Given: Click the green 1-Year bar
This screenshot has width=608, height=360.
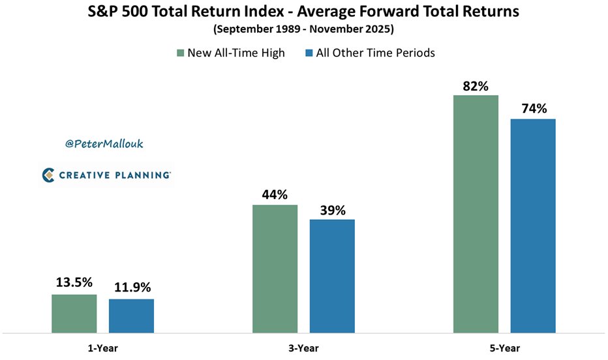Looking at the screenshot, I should coord(74,313).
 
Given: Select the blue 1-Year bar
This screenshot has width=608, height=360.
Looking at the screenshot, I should coord(131,316).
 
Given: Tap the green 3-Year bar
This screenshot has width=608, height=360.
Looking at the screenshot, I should coord(275,268).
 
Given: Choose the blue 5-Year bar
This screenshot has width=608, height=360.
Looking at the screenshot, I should coord(533,225).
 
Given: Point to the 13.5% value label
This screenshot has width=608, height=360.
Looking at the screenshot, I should coord(74,283).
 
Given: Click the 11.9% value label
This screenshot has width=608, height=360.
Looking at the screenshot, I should coord(132,288).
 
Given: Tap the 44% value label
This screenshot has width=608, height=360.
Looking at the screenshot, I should coord(275,194).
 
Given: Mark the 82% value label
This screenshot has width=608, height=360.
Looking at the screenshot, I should coord(476,85).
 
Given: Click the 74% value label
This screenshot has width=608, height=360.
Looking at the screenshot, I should coord(533,108).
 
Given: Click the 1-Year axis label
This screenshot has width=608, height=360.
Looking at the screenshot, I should coord(102,348).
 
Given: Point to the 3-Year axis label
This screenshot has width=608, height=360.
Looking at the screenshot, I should coord(303,348).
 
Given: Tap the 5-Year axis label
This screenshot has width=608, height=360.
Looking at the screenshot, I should coord(504,348).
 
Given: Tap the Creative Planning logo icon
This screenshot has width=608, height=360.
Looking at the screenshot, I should coord(48,175).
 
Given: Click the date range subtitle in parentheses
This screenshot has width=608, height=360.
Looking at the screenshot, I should coord(303,29).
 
